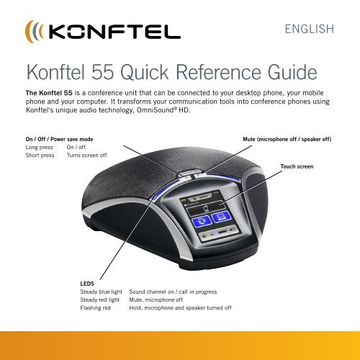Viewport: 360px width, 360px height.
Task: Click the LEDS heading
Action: click(x=89, y=284)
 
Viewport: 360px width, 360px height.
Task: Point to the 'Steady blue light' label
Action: click(x=100, y=292)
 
